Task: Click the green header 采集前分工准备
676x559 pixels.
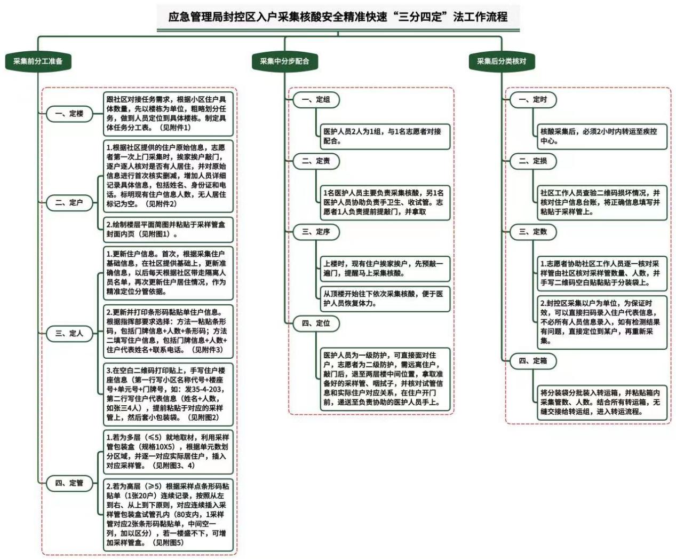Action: point(38,61)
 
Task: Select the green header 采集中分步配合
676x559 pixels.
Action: point(284,61)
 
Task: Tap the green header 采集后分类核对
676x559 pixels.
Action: point(502,61)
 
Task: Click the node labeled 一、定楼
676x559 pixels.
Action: point(69,114)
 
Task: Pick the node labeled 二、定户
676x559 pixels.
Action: point(69,203)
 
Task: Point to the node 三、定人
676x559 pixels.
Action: point(69,334)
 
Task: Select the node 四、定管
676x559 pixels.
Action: point(69,483)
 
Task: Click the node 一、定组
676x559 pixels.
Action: point(316,100)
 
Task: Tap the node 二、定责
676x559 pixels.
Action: point(316,161)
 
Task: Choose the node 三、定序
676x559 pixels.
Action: point(316,232)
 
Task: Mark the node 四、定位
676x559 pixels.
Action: point(316,324)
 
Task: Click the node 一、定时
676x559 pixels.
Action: point(533,100)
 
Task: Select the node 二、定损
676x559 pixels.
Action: point(533,161)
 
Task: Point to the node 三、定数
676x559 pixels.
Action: point(533,232)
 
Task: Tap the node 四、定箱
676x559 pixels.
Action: point(533,361)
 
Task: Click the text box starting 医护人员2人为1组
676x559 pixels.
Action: point(385,137)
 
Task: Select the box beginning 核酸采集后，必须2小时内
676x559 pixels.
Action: point(602,137)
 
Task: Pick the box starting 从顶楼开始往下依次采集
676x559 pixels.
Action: point(385,299)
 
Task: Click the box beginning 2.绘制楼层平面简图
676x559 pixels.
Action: point(168,230)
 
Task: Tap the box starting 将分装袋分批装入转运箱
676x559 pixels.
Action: point(602,403)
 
